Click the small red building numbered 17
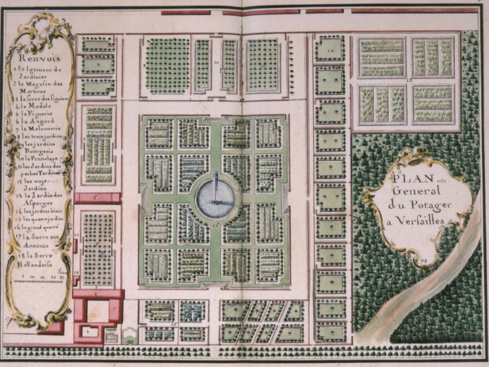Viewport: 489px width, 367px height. pos(75,245)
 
